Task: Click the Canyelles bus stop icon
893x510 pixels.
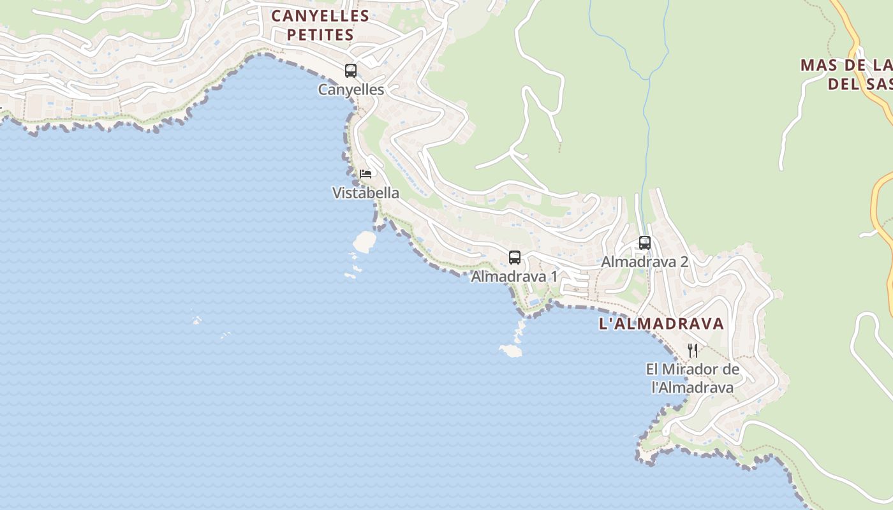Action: pyautogui.click(x=351, y=70)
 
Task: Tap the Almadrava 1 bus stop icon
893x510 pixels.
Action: pyautogui.click(x=515, y=258)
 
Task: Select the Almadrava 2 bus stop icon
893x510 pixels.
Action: pyautogui.click(x=645, y=243)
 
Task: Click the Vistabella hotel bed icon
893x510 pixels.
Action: pyautogui.click(x=365, y=173)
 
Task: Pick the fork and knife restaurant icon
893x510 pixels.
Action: pyautogui.click(x=693, y=350)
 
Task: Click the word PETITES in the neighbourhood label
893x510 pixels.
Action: pyautogui.click(x=320, y=35)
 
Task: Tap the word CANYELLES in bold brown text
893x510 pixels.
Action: pyautogui.click(x=320, y=16)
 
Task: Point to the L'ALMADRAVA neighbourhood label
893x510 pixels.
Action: pyautogui.click(x=661, y=324)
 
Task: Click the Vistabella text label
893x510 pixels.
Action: pyautogui.click(x=366, y=193)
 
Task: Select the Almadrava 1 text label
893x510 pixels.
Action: pyautogui.click(x=514, y=277)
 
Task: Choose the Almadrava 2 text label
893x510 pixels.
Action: pyautogui.click(x=645, y=261)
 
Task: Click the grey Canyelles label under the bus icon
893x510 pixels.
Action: pyautogui.click(x=351, y=90)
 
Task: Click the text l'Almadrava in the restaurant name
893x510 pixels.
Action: pyautogui.click(x=693, y=387)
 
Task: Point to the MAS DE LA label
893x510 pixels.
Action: pyautogui.click(x=846, y=65)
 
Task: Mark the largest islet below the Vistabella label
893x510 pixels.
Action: pyautogui.click(x=365, y=241)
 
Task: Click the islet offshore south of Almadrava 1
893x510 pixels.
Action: pyautogui.click(x=511, y=350)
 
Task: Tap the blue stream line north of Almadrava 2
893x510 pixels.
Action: pyautogui.click(x=646, y=127)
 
